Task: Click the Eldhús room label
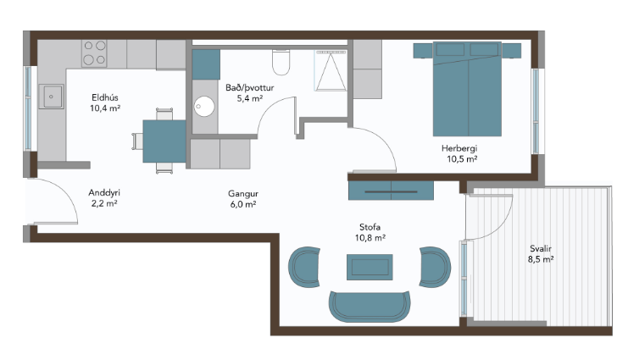[105, 97]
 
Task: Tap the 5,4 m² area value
[250, 98]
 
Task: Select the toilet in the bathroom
[281, 62]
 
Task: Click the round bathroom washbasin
[204, 107]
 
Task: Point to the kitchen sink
[51, 97]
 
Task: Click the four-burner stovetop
[94, 53]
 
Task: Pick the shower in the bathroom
[331, 70]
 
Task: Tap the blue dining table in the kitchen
[164, 141]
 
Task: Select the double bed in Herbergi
[467, 89]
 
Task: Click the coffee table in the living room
[370, 267]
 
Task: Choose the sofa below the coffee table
[370, 307]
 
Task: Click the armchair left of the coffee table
[305, 267]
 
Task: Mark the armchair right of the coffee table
[435, 267]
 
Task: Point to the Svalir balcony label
[541, 249]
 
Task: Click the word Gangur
[243, 194]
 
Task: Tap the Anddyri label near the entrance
[104, 193]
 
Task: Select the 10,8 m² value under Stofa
[370, 238]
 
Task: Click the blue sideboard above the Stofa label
[391, 191]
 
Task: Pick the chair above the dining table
[164, 114]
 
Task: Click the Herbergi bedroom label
[459, 148]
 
